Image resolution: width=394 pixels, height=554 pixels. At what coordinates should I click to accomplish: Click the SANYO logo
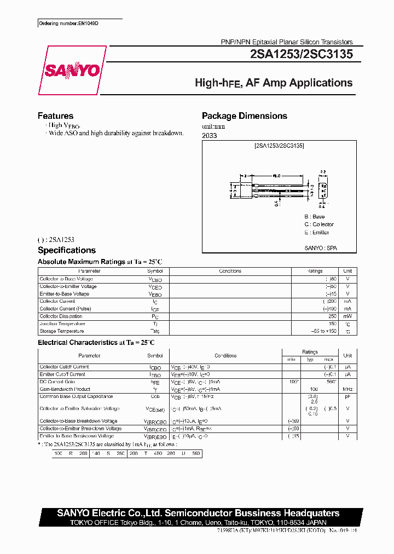point(72,70)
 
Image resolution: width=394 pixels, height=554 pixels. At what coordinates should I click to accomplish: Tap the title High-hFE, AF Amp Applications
point(274,83)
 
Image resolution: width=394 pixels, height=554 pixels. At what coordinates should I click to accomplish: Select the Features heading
point(55,116)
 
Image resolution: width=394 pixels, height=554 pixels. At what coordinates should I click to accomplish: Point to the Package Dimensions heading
point(244,116)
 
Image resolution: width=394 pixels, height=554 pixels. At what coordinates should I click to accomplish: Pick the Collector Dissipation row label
point(61,316)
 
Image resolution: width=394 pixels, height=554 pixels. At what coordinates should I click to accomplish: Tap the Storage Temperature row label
point(62,331)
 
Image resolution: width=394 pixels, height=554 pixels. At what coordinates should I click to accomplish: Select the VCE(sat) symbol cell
point(155,409)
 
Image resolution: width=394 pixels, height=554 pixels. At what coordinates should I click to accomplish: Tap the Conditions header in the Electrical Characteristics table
point(225,356)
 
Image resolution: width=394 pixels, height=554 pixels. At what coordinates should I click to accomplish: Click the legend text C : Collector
point(319,224)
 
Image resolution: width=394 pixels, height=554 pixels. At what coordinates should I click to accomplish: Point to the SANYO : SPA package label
point(321,248)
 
